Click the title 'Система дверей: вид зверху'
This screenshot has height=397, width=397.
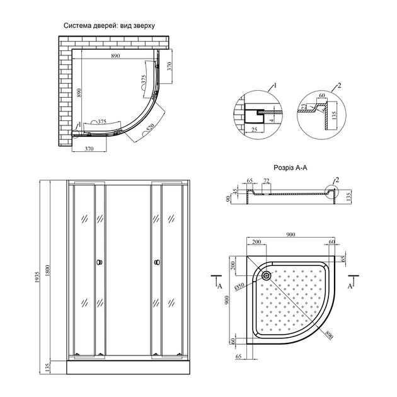click(109, 26)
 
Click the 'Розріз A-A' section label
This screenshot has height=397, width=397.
click(291, 168)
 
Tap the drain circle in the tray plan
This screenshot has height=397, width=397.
click(265, 275)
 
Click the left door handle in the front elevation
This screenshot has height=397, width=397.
click(99, 262)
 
